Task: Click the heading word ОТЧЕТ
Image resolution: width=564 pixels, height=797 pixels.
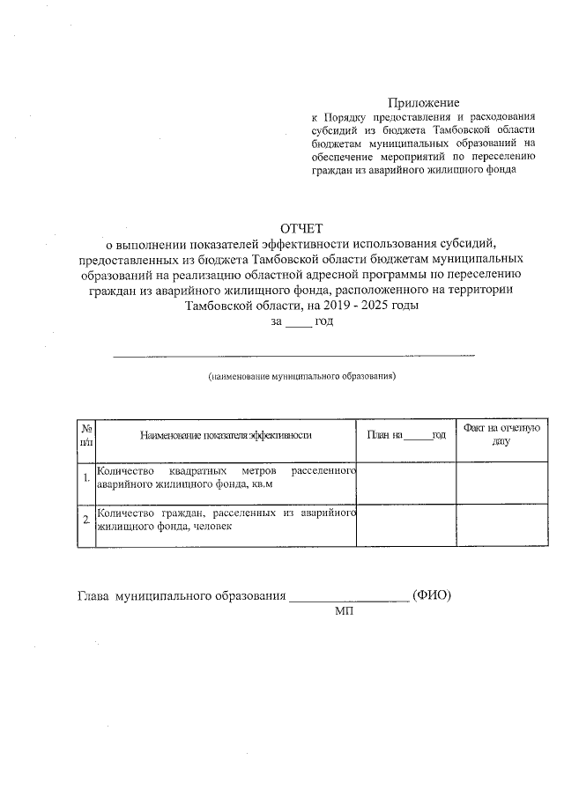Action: (302, 230)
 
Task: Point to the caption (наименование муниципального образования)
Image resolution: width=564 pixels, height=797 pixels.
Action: (302, 377)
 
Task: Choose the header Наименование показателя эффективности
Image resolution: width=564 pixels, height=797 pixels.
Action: (226, 435)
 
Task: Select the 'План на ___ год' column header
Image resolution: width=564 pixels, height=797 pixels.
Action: (406, 435)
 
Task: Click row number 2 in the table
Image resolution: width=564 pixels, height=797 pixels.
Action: (85, 520)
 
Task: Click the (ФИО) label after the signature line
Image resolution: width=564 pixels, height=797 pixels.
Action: (432, 596)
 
